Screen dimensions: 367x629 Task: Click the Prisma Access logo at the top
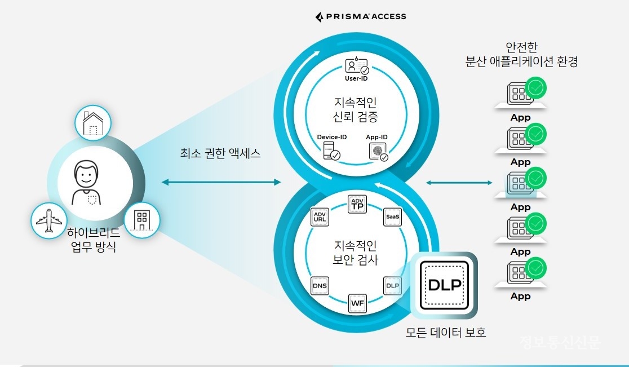[361, 16]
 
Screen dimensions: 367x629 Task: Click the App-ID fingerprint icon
[378, 152]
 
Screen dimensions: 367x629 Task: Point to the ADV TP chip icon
[357, 205]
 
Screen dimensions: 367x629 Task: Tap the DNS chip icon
[320, 286]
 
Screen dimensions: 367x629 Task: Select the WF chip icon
[357, 303]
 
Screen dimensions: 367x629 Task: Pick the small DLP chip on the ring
[392, 286]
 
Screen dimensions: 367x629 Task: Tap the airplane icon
[49, 220]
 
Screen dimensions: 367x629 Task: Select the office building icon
[141, 220]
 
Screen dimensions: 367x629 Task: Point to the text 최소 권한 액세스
[220, 153]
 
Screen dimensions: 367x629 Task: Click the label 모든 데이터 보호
[445, 333]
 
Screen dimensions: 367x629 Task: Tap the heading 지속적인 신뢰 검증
[356, 110]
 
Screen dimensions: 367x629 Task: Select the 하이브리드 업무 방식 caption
[94, 240]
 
